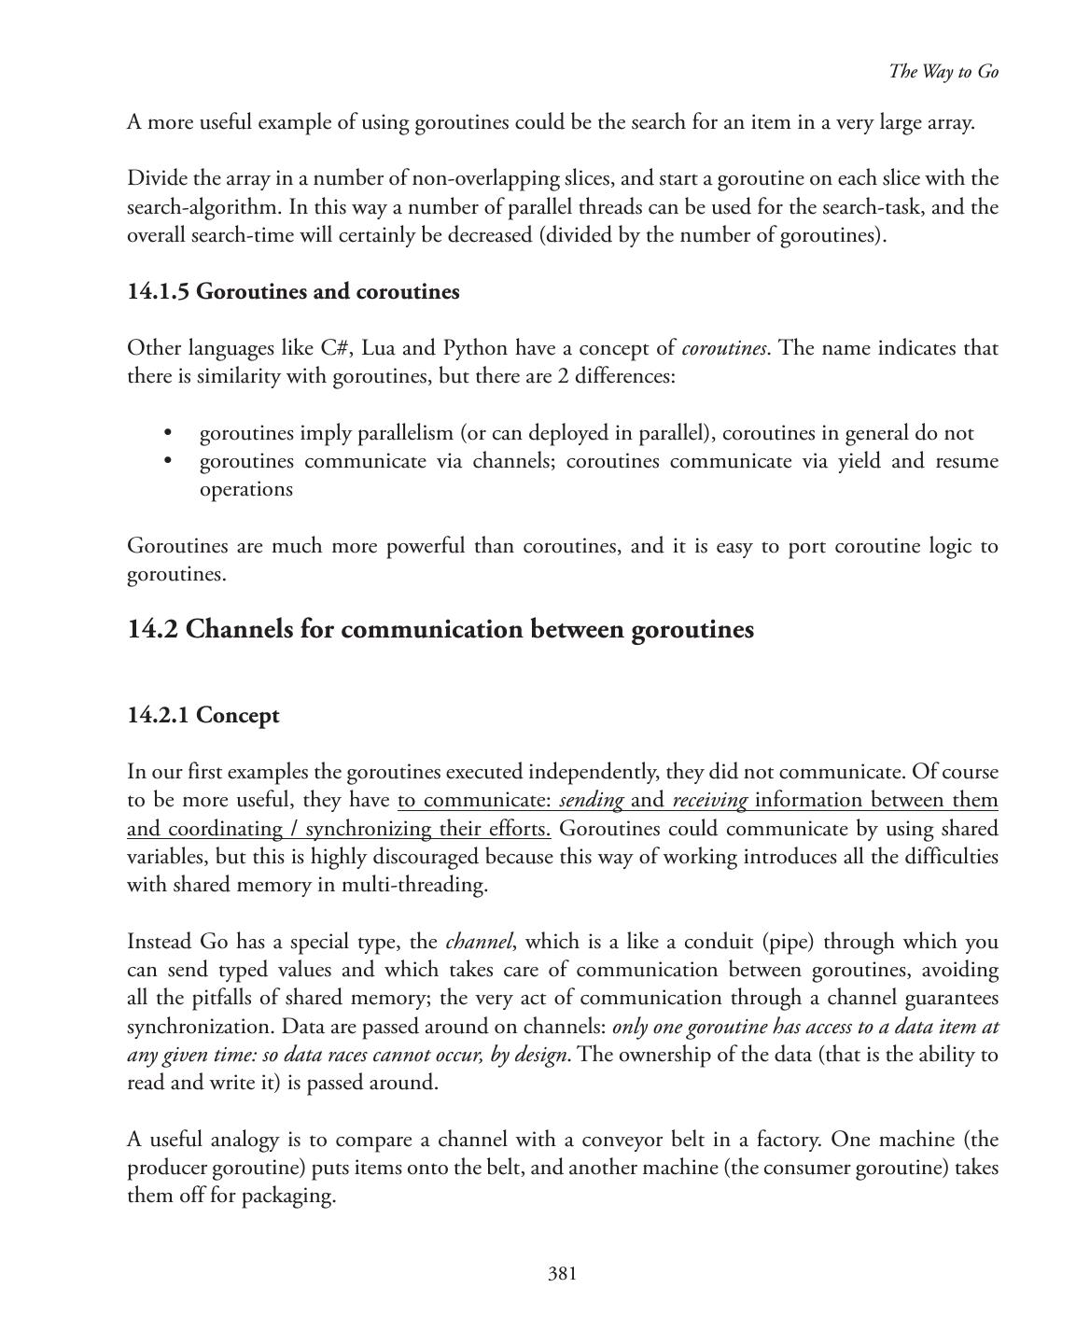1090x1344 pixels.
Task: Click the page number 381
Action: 562,1273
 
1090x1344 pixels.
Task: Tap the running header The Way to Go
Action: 943,72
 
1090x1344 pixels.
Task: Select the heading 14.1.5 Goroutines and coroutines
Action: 293,291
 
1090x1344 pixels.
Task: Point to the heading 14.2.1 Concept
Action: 203,715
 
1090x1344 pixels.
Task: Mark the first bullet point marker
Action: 168,433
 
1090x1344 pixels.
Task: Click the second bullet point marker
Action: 168,461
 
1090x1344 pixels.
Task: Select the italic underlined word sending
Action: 591,800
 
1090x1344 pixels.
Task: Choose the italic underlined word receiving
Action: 709,800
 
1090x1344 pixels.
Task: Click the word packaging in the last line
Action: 287,1196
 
